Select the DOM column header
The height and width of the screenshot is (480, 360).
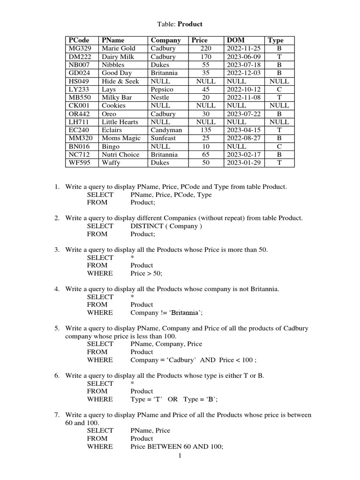pyautogui.click(x=235, y=40)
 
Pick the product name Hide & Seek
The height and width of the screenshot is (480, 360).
pyautogui.click(x=120, y=81)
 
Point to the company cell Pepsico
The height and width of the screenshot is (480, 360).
pyautogui.click(x=162, y=89)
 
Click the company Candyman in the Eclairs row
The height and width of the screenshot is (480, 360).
pyautogui.click(x=166, y=130)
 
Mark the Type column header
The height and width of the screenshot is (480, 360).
pyautogui.click(x=276, y=40)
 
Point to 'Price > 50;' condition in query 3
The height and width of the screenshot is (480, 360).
pyautogui.click(x=146, y=273)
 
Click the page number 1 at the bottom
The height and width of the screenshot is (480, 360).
pyautogui.click(x=180, y=457)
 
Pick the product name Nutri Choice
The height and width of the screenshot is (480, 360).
pyautogui.click(x=120, y=155)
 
